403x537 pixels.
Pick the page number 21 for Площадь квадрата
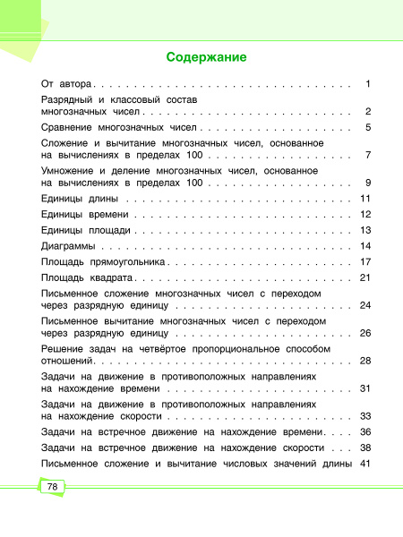point(364,278)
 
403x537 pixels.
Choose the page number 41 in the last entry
point(364,464)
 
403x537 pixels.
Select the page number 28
point(364,361)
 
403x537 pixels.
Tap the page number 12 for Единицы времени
point(364,215)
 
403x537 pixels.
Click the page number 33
point(364,416)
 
